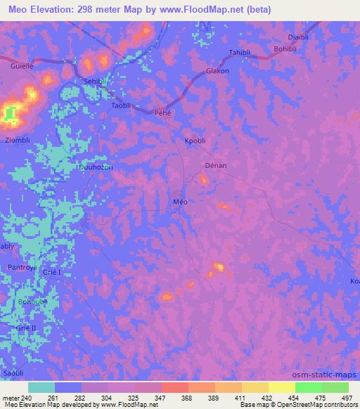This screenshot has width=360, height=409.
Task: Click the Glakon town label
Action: pos(217,72)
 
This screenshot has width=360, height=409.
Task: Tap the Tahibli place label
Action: pos(240,53)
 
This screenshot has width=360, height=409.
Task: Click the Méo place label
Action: pos(180,201)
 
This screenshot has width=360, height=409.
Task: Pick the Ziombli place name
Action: pos(18,140)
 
